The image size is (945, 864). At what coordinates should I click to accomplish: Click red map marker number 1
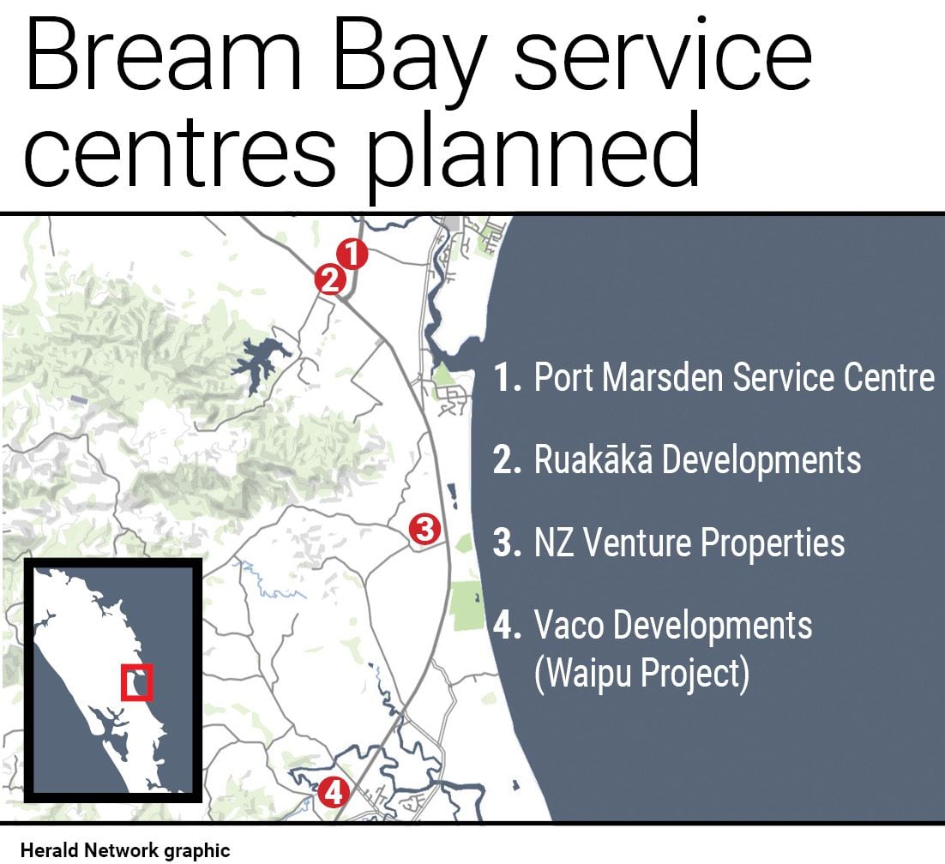352,254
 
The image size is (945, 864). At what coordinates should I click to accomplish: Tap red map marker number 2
330,279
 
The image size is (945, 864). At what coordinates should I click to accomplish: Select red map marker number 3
424,529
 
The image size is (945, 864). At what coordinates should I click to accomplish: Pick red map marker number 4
334,792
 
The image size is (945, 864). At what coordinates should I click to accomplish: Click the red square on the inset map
137,682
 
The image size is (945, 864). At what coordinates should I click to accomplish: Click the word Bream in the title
163,56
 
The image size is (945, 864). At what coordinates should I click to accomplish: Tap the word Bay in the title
410,60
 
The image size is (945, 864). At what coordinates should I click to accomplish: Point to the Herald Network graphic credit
125,850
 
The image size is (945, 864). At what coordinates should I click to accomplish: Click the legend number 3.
506,543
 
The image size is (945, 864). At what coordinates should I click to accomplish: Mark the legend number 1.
506,377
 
